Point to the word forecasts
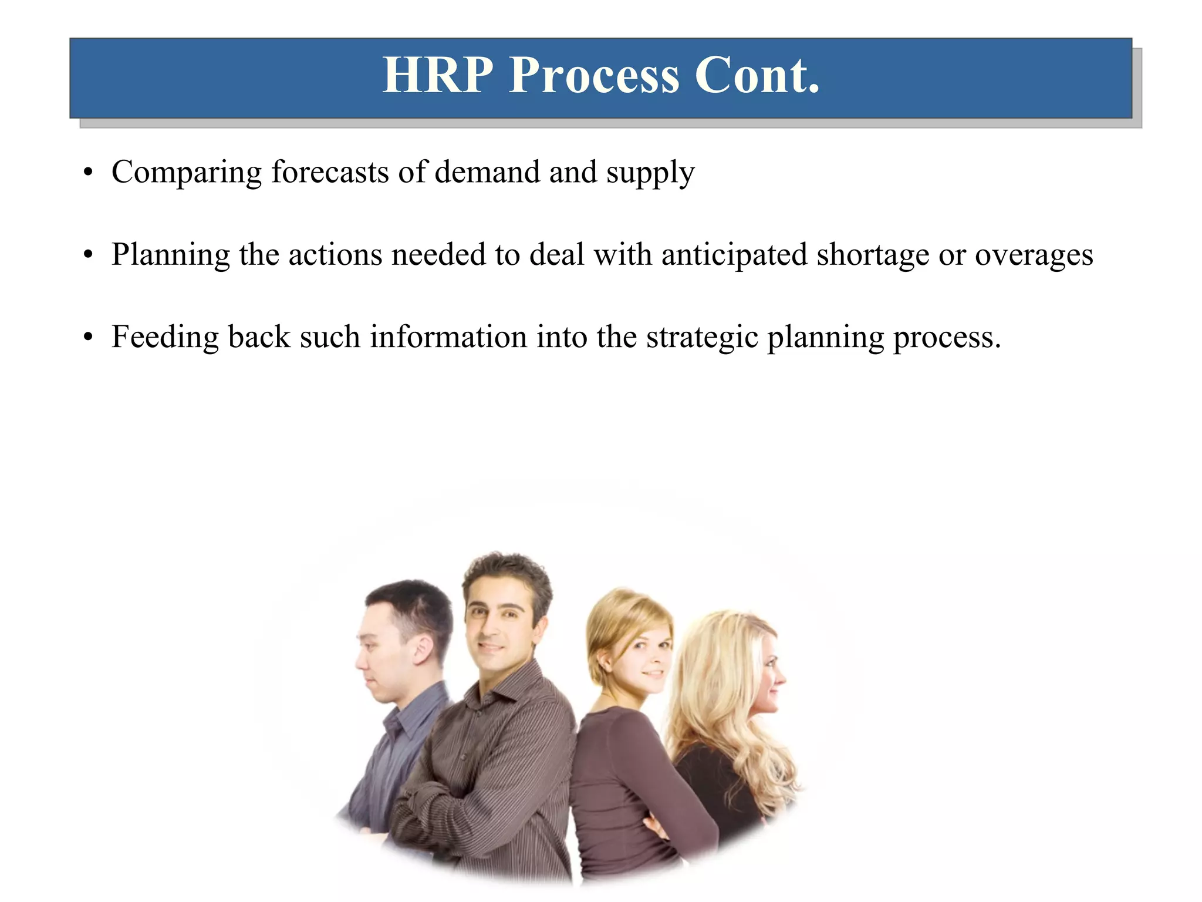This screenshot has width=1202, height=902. (330, 172)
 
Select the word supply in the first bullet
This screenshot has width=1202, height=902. (650, 173)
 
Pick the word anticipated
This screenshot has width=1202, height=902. (734, 255)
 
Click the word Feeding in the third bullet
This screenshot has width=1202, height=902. (165, 338)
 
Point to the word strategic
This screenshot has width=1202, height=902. (702, 338)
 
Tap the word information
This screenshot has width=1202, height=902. (448, 337)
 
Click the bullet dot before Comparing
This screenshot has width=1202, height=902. (88, 173)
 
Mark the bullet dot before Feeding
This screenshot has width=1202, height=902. (88, 338)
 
